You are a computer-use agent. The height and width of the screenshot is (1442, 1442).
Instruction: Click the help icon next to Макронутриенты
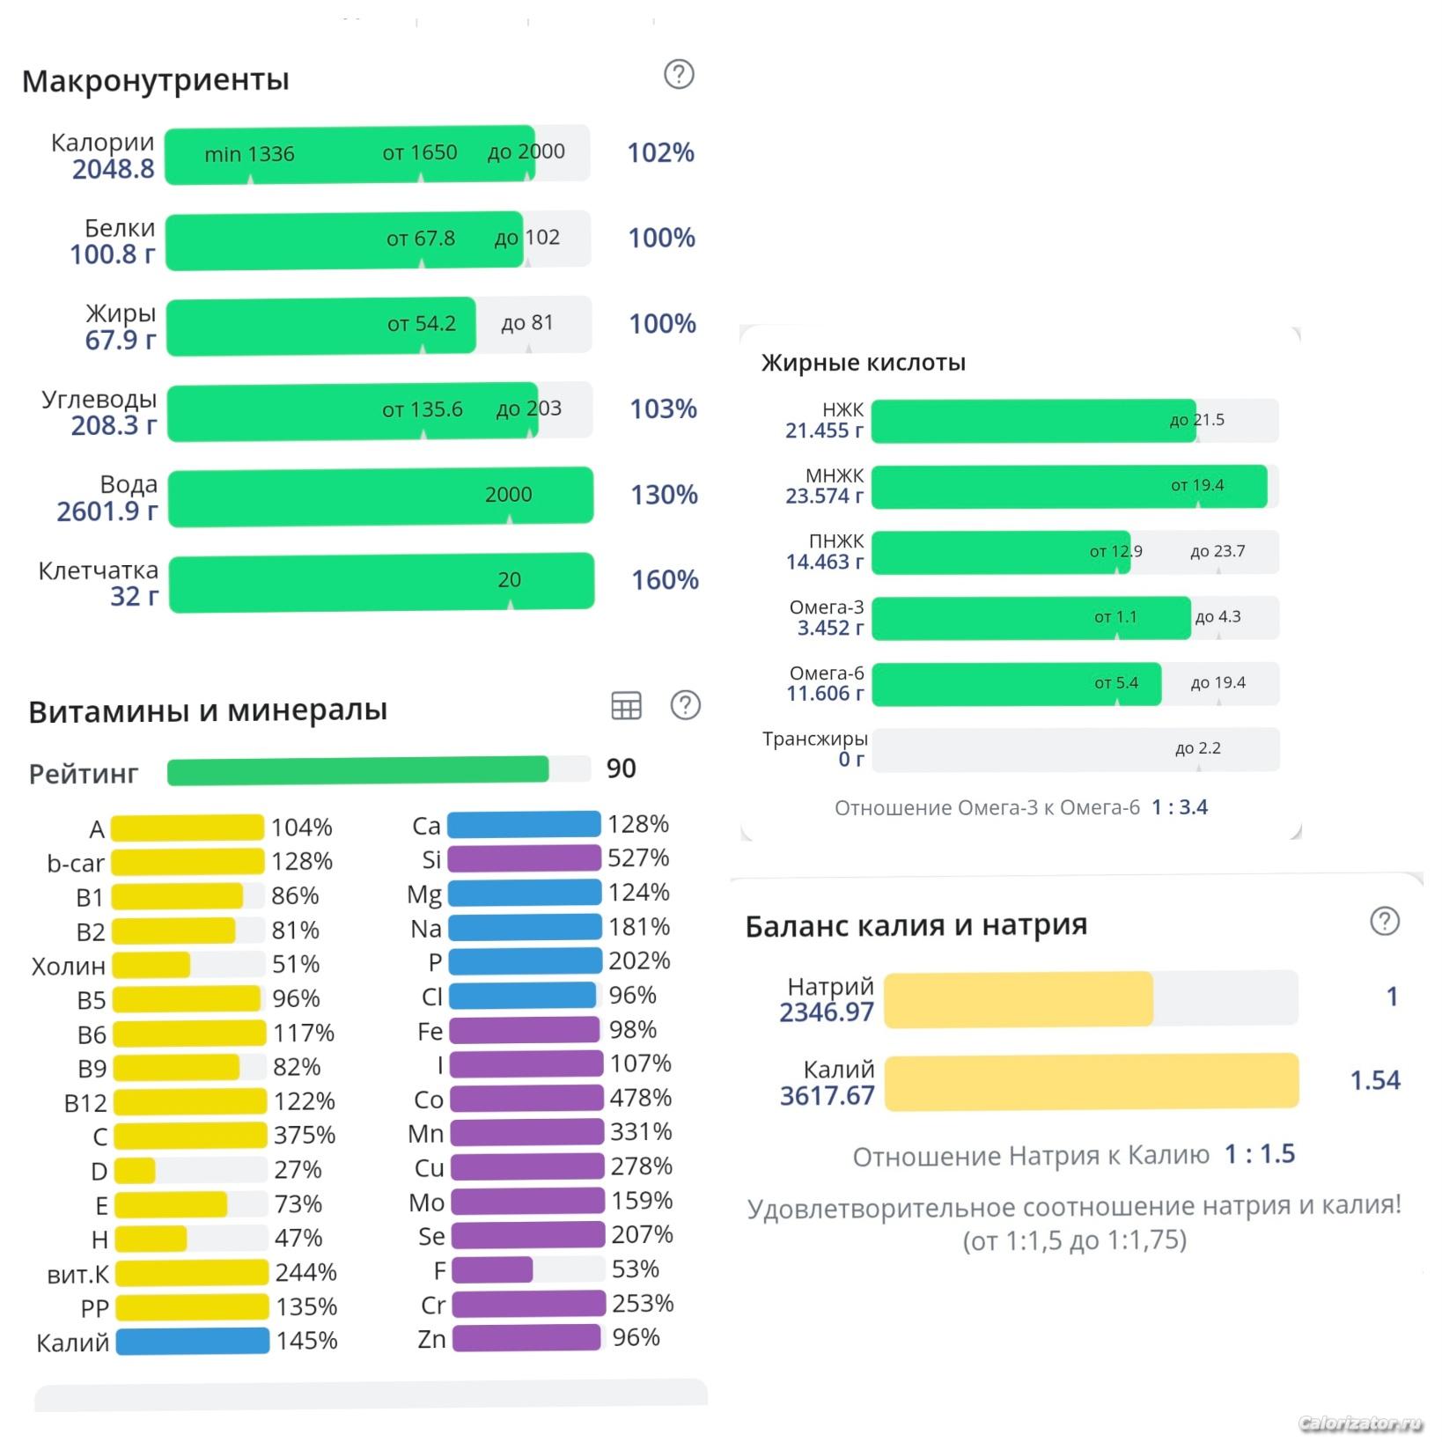tap(679, 74)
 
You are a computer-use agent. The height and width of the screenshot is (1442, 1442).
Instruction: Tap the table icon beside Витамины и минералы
tap(626, 705)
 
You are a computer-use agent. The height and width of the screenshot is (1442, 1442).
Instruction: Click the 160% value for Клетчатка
tap(665, 580)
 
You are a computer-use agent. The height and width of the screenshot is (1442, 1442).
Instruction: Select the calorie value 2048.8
tap(113, 169)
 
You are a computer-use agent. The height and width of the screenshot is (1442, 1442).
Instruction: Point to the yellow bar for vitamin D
tap(136, 1170)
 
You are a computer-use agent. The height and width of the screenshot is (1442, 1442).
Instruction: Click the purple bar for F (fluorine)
tap(492, 1269)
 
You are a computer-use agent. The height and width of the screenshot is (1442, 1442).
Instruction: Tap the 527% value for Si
tap(638, 857)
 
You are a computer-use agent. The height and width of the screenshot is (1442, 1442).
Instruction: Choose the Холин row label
tap(69, 966)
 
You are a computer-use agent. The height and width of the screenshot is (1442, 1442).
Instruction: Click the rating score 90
tap(621, 769)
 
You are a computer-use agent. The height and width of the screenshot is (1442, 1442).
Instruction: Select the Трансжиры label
tap(814, 739)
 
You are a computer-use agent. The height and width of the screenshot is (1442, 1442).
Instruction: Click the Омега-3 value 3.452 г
tap(830, 628)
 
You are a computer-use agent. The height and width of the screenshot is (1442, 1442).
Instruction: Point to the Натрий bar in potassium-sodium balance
tap(1019, 998)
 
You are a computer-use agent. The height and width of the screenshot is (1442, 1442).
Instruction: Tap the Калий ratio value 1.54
tap(1374, 1080)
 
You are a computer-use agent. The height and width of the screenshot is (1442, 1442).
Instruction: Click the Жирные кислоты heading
tap(863, 363)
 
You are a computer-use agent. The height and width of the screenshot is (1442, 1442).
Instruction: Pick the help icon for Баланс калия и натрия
tap(1385, 922)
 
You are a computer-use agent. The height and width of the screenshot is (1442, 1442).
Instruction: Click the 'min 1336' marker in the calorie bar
tap(249, 155)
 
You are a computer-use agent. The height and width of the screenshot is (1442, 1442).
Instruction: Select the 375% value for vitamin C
tap(305, 1135)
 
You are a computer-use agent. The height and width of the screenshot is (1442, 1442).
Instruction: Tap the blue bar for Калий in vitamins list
tap(192, 1341)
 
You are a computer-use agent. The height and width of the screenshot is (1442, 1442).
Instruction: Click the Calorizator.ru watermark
tap(1360, 1423)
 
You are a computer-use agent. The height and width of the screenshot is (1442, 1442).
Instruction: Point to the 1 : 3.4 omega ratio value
tap(1180, 807)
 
